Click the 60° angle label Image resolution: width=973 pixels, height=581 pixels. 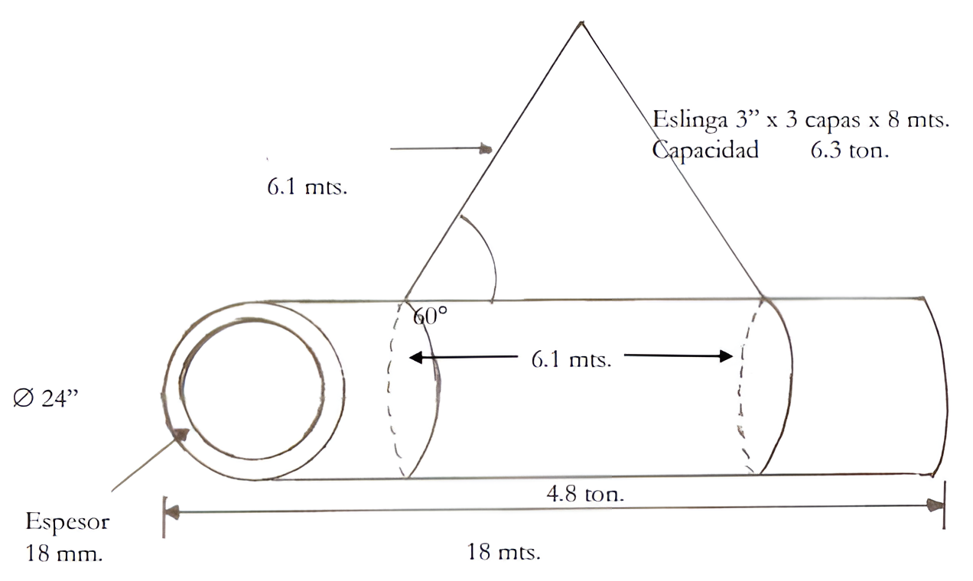(430, 316)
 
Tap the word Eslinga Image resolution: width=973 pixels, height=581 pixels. (690, 120)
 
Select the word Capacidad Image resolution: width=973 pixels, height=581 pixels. (705, 151)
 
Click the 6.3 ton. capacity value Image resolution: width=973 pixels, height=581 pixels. (850, 151)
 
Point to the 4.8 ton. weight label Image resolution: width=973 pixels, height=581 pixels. (585, 494)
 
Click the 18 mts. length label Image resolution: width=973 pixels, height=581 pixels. (503, 552)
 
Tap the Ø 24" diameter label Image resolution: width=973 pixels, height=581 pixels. (46, 398)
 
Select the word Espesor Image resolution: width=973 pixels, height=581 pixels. (67, 521)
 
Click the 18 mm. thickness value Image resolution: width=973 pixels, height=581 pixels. (63, 553)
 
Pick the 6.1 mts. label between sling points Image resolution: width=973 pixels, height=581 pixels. (571, 359)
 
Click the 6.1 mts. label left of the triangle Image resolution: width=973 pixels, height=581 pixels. (307, 187)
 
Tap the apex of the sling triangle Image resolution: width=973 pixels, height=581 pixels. (581, 22)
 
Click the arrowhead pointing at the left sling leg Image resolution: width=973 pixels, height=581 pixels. (486, 148)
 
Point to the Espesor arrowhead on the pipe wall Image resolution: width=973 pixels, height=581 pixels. (181, 435)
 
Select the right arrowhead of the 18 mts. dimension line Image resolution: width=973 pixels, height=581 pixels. (936, 505)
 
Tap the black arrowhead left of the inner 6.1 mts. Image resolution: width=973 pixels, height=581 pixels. (415, 357)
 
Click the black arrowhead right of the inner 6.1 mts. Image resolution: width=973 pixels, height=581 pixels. (726, 356)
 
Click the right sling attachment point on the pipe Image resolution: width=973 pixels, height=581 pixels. (763, 297)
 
